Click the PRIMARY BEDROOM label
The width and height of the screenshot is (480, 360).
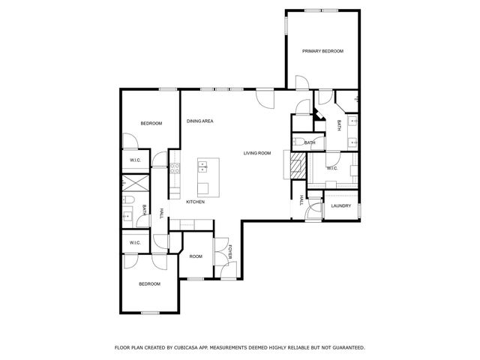click(x=322, y=51)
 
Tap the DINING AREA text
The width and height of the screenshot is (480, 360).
click(x=200, y=121)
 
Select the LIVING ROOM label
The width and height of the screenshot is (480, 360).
click(x=257, y=153)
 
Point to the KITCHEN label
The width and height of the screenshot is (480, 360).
click(x=196, y=202)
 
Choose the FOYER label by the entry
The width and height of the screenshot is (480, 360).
click(x=231, y=252)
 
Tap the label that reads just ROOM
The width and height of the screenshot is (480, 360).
click(x=196, y=256)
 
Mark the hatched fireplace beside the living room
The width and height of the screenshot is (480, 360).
click(x=298, y=163)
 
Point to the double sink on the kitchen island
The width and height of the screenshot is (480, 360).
click(x=204, y=168)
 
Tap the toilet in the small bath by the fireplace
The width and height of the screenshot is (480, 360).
click(x=298, y=142)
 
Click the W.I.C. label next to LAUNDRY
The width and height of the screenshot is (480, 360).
click(x=331, y=168)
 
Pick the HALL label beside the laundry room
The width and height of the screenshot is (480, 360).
click(x=301, y=200)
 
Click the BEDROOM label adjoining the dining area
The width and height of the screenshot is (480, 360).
click(x=151, y=123)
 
